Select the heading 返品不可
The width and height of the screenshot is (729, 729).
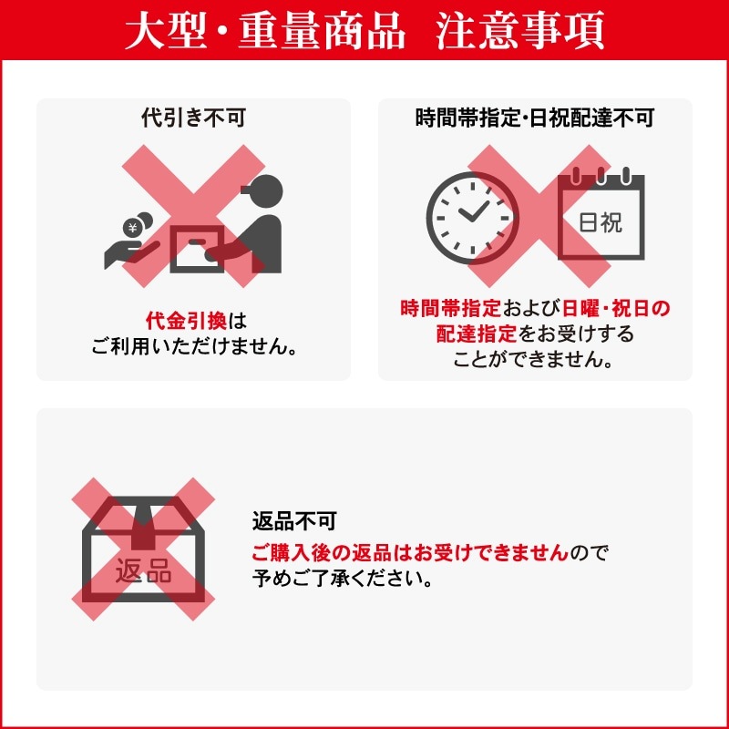click(x=294, y=522)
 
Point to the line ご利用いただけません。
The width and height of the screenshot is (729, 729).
click(x=194, y=347)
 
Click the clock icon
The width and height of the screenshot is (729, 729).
click(x=470, y=217)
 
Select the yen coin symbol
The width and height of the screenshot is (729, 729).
click(x=134, y=228)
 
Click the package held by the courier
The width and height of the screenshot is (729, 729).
click(x=198, y=247)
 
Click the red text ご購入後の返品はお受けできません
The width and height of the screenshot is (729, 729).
click(x=410, y=552)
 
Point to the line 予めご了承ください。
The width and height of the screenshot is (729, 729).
click(x=343, y=579)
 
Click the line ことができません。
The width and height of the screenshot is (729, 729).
click(x=534, y=359)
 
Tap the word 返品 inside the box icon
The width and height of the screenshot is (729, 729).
click(x=143, y=573)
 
